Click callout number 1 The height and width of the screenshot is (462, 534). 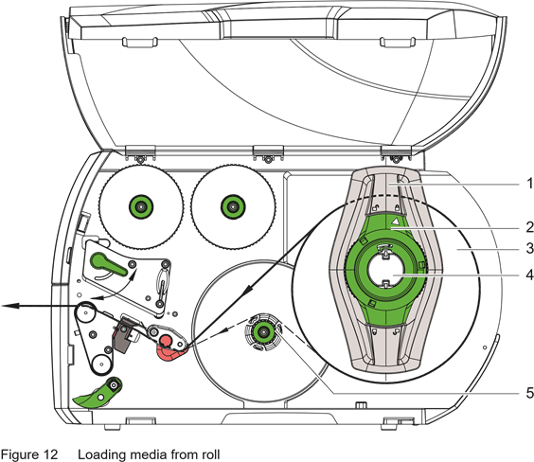pyautogui.click(x=529, y=184)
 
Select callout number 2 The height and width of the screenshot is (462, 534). pyautogui.click(x=529, y=227)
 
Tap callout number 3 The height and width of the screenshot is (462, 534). pyautogui.click(x=529, y=249)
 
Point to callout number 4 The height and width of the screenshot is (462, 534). pyautogui.click(x=529, y=275)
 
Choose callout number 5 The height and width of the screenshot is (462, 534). pyautogui.click(x=529, y=393)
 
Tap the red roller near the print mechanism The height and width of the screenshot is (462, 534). pyautogui.click(x=166, y=341)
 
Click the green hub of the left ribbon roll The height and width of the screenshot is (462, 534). pyautogui.click(x=141, y=206)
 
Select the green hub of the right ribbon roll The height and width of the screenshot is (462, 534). pyautogui.click(x=233, y=206)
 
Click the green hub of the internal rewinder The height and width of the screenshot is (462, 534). pyautogui.click(x=262, y=331)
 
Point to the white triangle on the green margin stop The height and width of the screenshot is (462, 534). pyautogui.click(x=395, y=221)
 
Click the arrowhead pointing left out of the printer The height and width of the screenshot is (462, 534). pyautogui.click(x=9, y=306)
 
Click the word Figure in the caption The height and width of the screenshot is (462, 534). pyautogui.click(x=19, y=454)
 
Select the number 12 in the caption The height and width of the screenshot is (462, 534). pyautogui.click(x=50, y=454)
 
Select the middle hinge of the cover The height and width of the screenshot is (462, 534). pyautogui.click(x=268, y=153)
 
